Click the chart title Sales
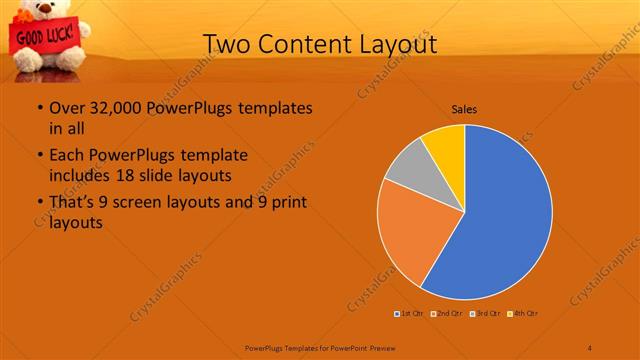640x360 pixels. pyautogui.click(x=464, y=108)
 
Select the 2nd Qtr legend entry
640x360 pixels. pyautogui.click(x=447, y=313)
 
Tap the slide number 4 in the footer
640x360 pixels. pyautogui.click(x=590, y=347)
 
